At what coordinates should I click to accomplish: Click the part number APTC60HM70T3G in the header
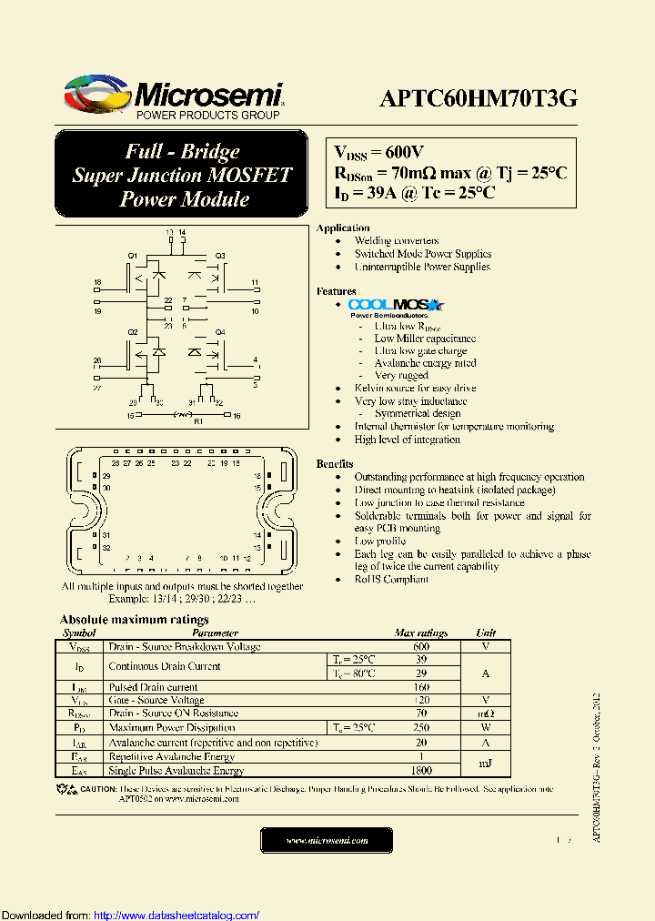(x=478, y=99)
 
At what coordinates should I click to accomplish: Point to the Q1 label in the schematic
(x=132, y=255)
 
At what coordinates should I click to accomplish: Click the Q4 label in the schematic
(x=220, y=332)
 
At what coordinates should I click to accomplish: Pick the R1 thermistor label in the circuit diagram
(x=199, y=422)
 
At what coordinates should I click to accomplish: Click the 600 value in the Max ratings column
(x=421, y=647)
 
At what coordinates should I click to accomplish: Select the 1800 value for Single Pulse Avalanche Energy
(x=421, y=771)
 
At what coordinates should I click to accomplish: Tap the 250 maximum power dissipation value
(x=421, y=728)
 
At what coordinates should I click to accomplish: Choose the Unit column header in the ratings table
(x=486, y=633)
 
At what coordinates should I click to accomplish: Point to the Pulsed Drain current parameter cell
(x=153, y=687)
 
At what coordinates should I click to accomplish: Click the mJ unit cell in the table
(x=486, y=764)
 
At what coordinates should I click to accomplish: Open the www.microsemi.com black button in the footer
(x=327, y=841)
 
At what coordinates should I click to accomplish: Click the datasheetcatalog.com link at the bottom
(x=176, y=916)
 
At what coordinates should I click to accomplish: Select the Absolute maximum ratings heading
(x=135, y=620)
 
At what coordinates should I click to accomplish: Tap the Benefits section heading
(x=336, y=464)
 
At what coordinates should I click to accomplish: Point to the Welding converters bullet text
(x=397, y=241)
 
